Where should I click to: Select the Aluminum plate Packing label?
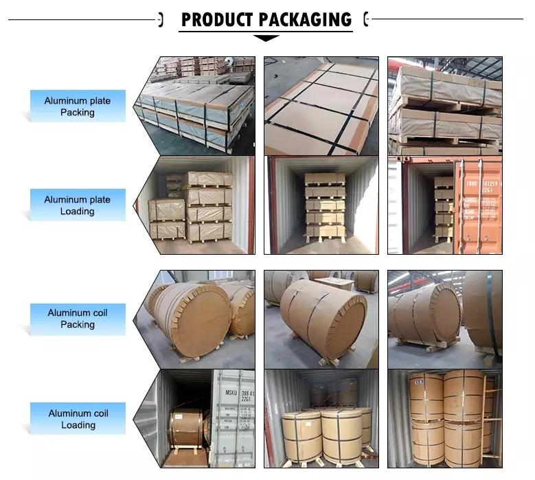(77, 106)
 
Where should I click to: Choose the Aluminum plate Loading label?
(77, 205)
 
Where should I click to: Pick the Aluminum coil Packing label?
(77, 319)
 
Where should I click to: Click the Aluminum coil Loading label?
(78, 419)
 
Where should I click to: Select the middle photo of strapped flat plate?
(321, 106)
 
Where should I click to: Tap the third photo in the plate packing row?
(444, 106)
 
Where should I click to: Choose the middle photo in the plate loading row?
(321, 205)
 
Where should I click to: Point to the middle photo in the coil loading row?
(321, 419)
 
